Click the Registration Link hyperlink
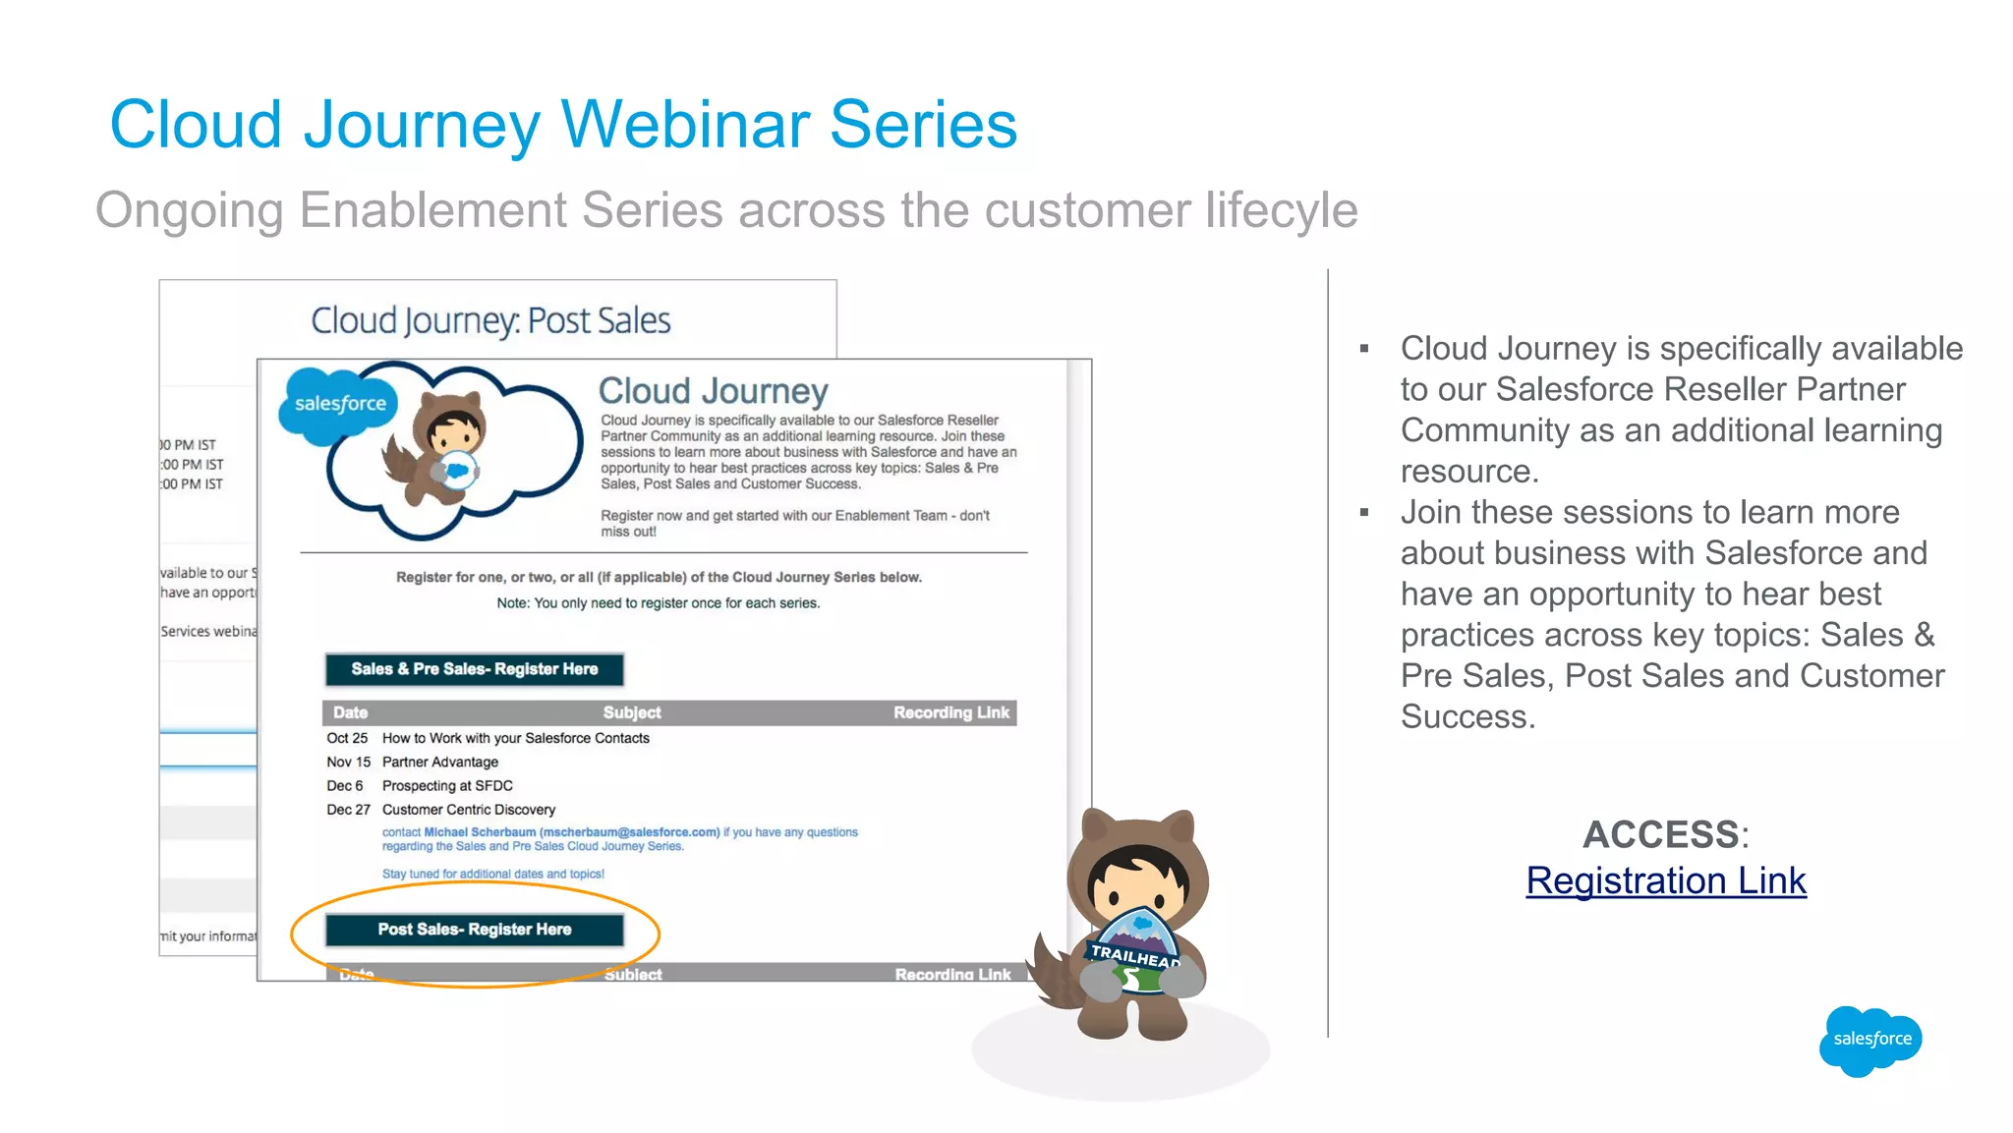coord(1666,881)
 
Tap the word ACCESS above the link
coord(1661,834)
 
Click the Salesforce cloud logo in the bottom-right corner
coord(1870,1040)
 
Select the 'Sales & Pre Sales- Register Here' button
coord(475,669)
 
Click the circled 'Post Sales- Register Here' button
coord(475,930)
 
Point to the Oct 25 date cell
coord(347,738)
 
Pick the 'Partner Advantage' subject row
coord(440,762)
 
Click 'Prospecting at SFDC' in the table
coord(447,786)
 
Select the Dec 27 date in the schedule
coord(348,810)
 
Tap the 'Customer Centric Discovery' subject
coord(469,810)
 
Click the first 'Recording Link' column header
coord(950,712)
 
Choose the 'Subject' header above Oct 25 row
coord(632,712)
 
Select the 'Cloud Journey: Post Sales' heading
coord(490,320)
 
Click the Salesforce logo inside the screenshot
coord(340,403)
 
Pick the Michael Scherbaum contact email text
coord(571,832)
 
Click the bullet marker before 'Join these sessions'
coord(1364,512)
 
